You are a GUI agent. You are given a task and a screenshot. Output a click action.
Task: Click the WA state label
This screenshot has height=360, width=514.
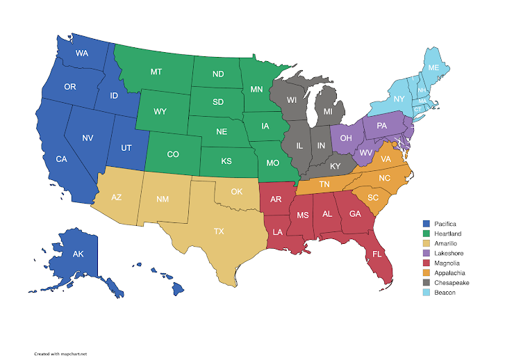[x=81, y=54]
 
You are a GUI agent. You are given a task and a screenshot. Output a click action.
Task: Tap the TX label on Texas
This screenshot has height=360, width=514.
[x=219, y=231]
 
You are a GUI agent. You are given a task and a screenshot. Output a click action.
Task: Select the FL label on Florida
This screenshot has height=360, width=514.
[x=376, y=254]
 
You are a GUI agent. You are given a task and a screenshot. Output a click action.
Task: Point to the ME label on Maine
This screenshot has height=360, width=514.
[x=433, y=67]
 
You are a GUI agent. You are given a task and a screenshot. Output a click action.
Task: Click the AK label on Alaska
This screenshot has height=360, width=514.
[x=79, y=254]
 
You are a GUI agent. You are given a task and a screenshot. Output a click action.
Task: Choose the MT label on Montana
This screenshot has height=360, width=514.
[x=157, y=72]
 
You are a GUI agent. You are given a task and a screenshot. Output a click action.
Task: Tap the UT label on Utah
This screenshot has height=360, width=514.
[x=126, y=148]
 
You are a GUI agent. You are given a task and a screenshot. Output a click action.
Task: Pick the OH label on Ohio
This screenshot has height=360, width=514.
[x=346, y=138]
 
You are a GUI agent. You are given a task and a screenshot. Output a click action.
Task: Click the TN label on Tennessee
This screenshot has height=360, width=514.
[x=324, y=184]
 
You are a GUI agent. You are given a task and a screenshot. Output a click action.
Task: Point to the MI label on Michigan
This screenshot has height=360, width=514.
[x=329, y=112]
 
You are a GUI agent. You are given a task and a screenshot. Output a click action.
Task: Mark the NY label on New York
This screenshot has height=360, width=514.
[x=399, y=99]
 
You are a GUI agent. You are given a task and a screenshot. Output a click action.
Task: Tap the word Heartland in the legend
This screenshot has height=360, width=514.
[x=448, y=234]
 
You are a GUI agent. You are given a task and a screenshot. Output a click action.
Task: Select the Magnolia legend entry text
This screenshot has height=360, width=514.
[x=447, y=263]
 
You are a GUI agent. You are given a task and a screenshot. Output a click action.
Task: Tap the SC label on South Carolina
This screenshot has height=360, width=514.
[x=373, y=197]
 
